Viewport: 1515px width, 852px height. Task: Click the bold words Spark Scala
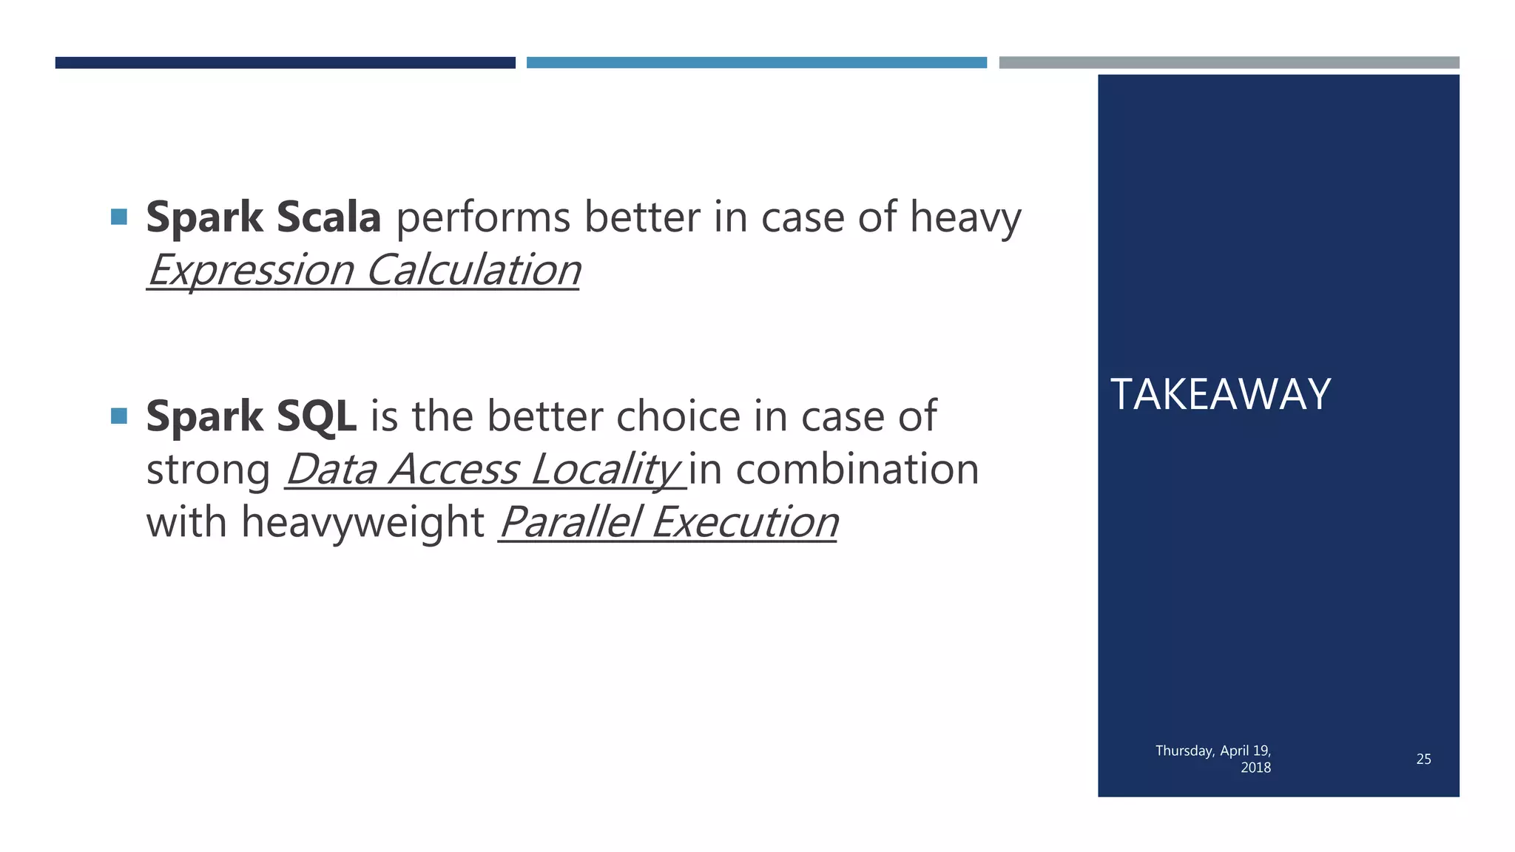[263, 217]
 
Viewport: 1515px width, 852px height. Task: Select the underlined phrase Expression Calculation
[363, 270]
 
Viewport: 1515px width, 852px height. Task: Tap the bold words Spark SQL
[251, 416]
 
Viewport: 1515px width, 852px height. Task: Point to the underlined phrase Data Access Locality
[483, 470]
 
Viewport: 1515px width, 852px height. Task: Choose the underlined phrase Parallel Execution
[668, 522]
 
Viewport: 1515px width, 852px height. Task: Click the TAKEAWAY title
[1221, 394]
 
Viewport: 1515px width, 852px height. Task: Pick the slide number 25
[1423, 759]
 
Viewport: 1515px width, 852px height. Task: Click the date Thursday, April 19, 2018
[1213, 759]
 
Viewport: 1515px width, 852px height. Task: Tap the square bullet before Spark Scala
[118, 217]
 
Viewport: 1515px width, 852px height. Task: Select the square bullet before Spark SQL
[118, 416]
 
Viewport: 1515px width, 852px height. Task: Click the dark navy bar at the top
[285, 63]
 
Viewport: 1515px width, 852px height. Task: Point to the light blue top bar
[756, 63]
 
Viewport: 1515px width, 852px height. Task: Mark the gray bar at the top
[1229, 63]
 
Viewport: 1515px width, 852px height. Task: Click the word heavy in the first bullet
[965, 219]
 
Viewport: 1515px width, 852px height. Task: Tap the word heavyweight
[362, 522]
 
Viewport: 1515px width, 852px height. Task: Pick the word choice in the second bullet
[678, 416]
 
